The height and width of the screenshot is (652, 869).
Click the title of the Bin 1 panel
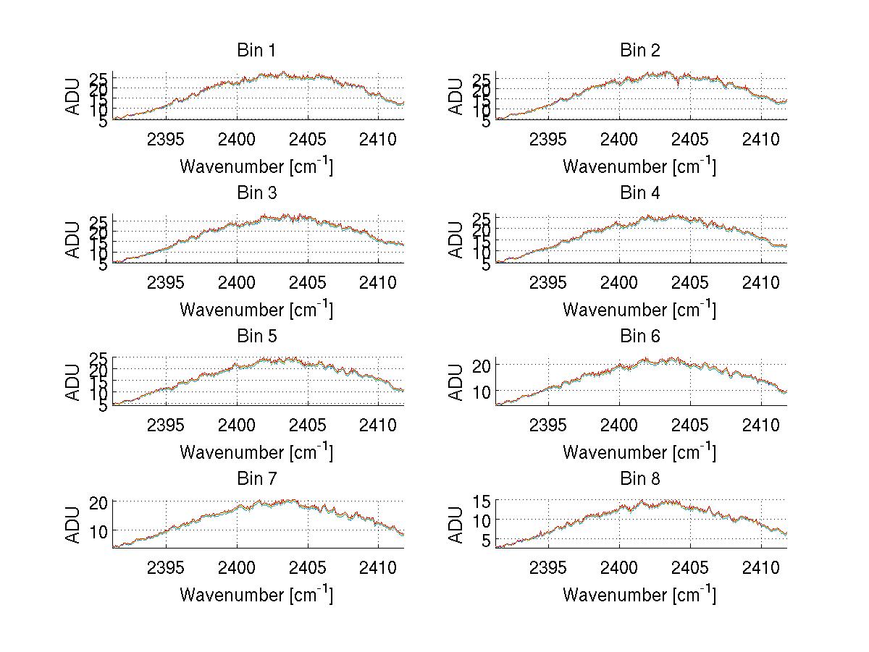coord(256,51)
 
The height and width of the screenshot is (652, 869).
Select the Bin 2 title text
coord(640,51)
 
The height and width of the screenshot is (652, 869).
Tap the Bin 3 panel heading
coord(256,193)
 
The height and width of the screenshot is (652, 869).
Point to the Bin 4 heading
coord(640,193)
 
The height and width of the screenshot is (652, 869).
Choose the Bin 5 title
coord(256,336)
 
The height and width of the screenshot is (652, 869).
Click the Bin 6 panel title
coord(640,336)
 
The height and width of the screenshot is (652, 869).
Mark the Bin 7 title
coord(256,479)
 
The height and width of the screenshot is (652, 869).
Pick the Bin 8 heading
coord(640,479)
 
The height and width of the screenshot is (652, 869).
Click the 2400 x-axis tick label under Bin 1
coord(238,139)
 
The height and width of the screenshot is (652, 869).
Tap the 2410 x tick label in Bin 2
coord(760,139)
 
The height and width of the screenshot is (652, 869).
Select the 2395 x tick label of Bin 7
coord(167,567)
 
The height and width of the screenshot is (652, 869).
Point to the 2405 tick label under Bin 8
coord(689,567)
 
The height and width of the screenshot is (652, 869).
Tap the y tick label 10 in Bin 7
coord(99,531)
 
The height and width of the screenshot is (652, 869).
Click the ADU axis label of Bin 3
coord(73,240)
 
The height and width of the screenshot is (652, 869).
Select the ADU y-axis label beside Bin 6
coord(456,382)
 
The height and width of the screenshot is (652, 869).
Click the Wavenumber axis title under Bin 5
coord(256,452)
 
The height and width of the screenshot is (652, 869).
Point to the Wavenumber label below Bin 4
coord(640,309)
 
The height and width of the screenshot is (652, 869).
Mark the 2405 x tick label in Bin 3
coord(308,281)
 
